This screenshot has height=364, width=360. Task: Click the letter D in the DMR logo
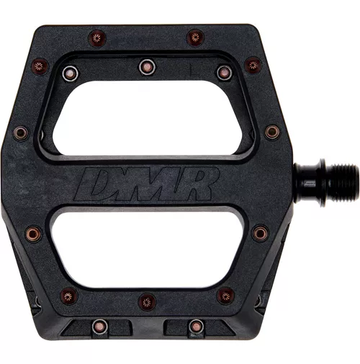click(x=98, y=185)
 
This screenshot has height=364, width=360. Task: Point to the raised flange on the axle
click(x=299, y=184)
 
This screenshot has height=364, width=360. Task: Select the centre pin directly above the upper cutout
click(x=146, y=66)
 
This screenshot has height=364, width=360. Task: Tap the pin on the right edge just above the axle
click(x=271, y=132)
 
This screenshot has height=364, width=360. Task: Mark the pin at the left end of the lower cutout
click(x=33, y=233)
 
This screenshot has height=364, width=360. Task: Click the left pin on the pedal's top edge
click(x=95, y=37)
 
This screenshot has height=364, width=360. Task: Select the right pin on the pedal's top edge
click(x=195, y=37)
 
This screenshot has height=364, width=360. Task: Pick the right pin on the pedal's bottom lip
click(x=194, y=327)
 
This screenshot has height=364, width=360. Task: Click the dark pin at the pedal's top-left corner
click(x=39, y=66)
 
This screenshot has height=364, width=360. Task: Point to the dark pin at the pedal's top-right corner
click(x=252, y=65)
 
